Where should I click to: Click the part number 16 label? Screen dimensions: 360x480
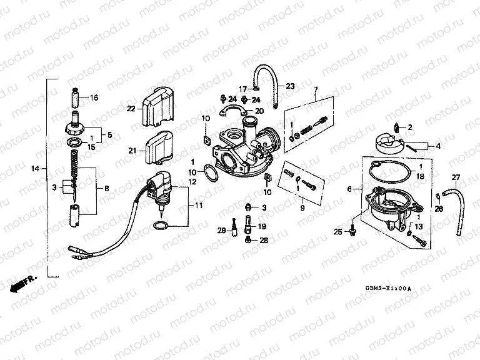94,97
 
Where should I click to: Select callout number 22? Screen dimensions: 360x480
130,109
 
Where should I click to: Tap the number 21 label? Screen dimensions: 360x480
131,150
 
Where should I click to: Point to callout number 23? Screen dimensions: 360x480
290,86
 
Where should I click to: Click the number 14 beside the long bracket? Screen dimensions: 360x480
36,169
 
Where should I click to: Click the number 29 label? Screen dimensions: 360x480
221,231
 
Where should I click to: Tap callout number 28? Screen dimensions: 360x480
263,240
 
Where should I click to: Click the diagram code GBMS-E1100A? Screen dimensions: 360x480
388,289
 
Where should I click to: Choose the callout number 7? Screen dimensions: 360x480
316,90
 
